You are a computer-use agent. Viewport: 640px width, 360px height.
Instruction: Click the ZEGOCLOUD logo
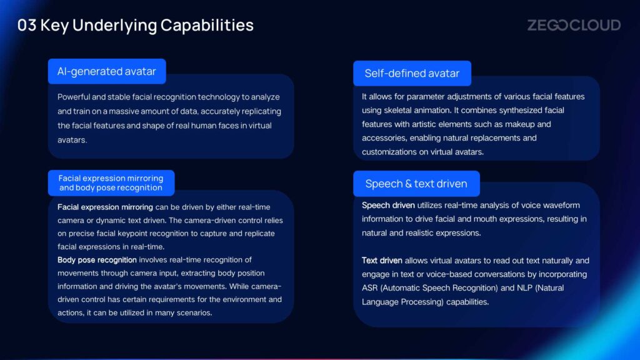(574, 25)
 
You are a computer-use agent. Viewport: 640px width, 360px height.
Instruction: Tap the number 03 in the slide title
(27, 25)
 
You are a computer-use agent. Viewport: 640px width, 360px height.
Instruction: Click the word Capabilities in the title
(207, 25)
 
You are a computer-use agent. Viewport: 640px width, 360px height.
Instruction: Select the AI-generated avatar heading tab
(107, 71)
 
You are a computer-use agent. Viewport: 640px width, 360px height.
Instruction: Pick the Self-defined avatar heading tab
(412, 74)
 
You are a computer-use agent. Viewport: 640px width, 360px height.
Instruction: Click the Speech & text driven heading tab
(416, 184)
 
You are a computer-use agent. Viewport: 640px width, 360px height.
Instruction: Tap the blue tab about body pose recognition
(111, 183)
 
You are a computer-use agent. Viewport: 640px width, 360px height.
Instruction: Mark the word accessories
(384, 138)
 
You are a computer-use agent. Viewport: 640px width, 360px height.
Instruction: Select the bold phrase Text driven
(382, 261)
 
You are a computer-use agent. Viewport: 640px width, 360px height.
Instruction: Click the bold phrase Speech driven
(388, 205)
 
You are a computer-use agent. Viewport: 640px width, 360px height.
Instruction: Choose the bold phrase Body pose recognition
(97, 260)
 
